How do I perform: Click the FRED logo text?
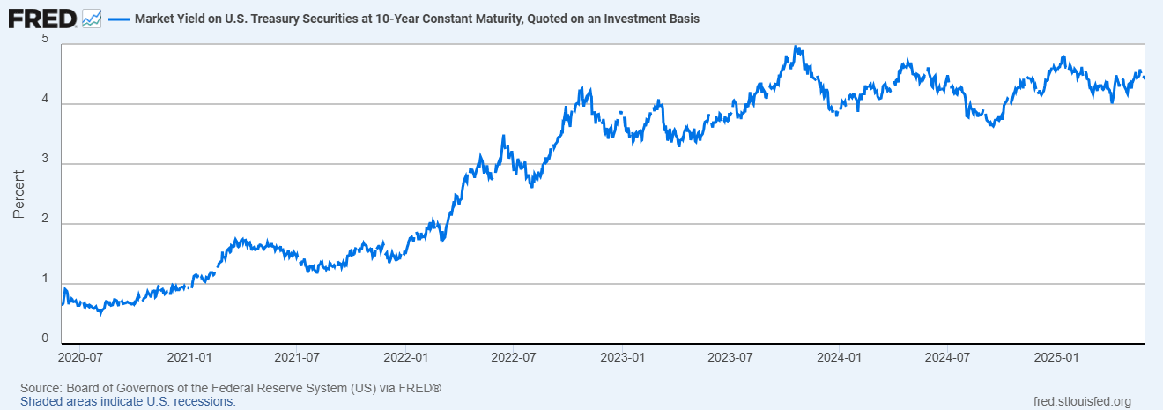[41, 18]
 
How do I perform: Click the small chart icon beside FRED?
[92, 18]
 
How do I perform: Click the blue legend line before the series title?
[118, 19]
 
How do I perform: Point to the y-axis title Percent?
[19, 193]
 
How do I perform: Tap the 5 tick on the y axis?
[45, 40]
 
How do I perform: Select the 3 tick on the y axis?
[45, 163]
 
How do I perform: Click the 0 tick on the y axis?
[45, 338]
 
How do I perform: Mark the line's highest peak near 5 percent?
[796, 47]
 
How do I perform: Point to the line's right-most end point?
[1144, 78]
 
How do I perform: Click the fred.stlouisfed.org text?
[1081, 401]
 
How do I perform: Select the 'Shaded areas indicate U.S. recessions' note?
[128, 401]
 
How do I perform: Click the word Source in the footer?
[40, 388]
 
